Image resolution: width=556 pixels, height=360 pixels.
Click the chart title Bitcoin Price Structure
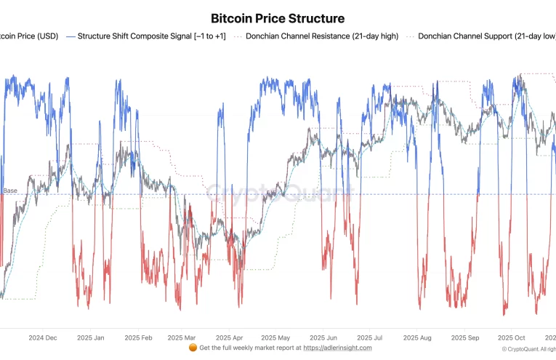coord(278,18)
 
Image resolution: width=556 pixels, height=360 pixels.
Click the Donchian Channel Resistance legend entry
coord(322,36)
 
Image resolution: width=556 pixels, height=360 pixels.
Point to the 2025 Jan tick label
coord(90,338)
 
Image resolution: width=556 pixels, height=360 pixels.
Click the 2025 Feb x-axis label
coord(138,338)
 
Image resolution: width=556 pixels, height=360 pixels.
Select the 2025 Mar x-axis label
coord(181,338)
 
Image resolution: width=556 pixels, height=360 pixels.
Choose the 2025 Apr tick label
coord(229,338)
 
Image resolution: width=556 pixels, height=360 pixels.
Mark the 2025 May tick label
coord(275,338)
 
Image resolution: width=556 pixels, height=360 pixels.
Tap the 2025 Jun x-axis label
coord(323,338)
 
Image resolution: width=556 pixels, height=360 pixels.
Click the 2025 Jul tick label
coord(368,338)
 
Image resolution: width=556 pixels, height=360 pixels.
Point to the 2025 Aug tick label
coord(416,338)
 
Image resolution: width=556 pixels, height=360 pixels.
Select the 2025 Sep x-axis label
coord(464,338)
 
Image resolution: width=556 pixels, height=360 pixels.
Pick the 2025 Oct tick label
coord(511,338)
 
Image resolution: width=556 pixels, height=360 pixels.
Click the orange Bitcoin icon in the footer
coord(193,348)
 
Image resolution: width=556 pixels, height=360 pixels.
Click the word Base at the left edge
coord(10,191)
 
